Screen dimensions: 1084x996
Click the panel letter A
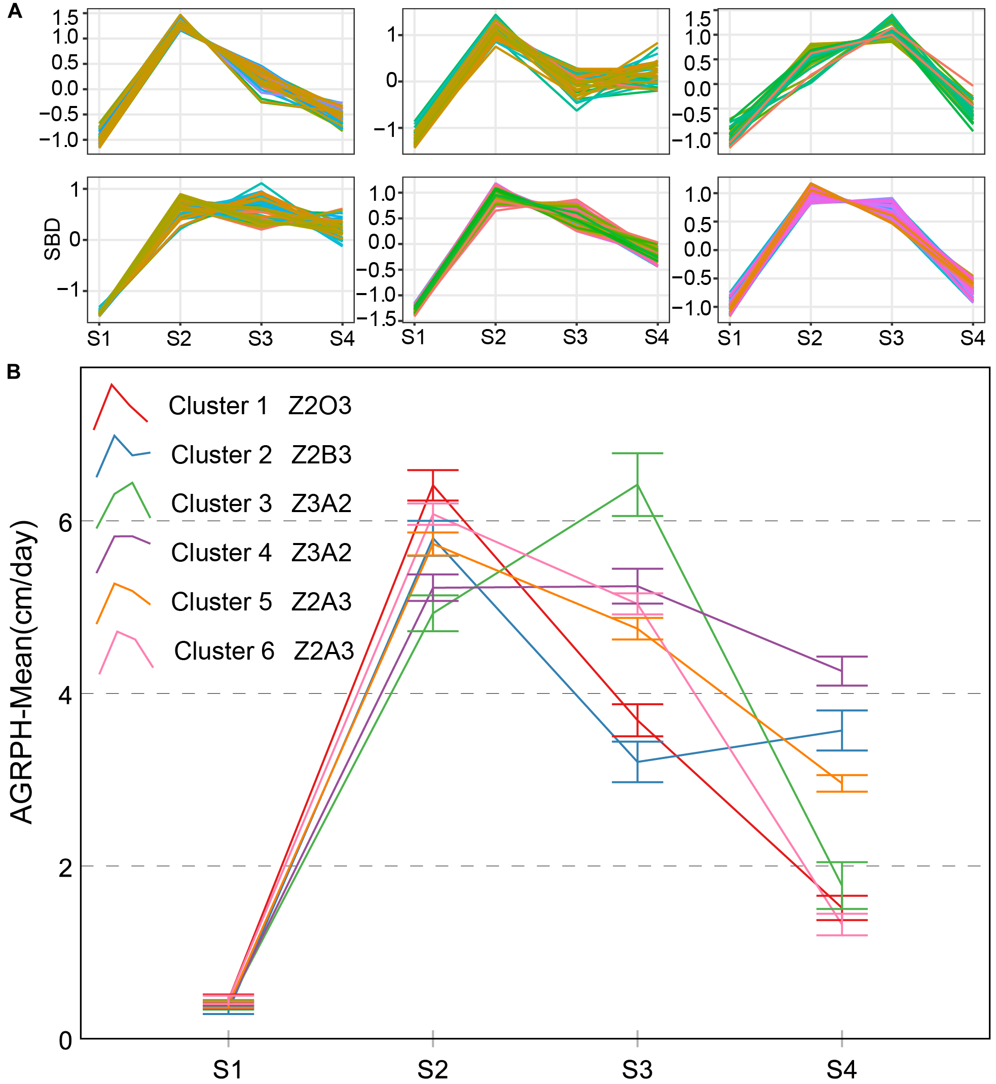point(15,11)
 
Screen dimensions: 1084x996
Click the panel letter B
point(14,372)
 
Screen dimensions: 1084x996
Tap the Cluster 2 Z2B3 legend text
point(262,455)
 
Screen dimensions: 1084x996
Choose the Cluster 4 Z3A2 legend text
point(262,553)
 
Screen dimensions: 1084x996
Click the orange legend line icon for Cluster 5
point(123,602)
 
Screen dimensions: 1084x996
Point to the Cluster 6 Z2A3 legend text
point(264,651)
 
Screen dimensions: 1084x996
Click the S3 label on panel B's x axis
point(637,1069)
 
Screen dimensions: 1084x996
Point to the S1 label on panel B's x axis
point(228,1069)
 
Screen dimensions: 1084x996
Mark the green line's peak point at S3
point(638,485)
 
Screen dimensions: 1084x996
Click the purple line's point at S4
point(842,671)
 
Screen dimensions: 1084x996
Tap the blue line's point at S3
point(638,762)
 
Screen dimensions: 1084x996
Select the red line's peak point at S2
point(433,485)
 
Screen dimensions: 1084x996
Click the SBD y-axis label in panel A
point(52,239)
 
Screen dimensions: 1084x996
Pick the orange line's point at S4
point(842,783)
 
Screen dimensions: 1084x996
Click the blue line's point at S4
point(842,731)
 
